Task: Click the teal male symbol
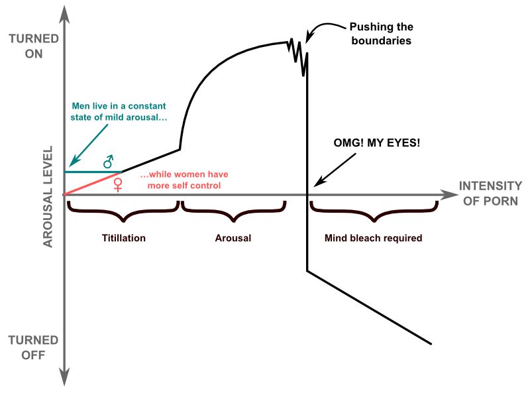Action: point(109,162)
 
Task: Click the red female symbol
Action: point(119,184)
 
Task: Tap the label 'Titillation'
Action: point(124,237)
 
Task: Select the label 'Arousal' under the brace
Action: point(233,237)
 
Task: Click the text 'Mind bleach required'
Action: point(374,237)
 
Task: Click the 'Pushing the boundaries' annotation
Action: point(381,34)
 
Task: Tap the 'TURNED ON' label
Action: point(26,46)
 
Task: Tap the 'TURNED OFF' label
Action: point(26,347)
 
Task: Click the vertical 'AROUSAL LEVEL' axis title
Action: point(48,199)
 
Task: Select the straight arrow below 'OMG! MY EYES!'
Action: point(335,169)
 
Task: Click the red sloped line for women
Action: point(93,183)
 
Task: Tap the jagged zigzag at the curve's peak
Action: point(299,53)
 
